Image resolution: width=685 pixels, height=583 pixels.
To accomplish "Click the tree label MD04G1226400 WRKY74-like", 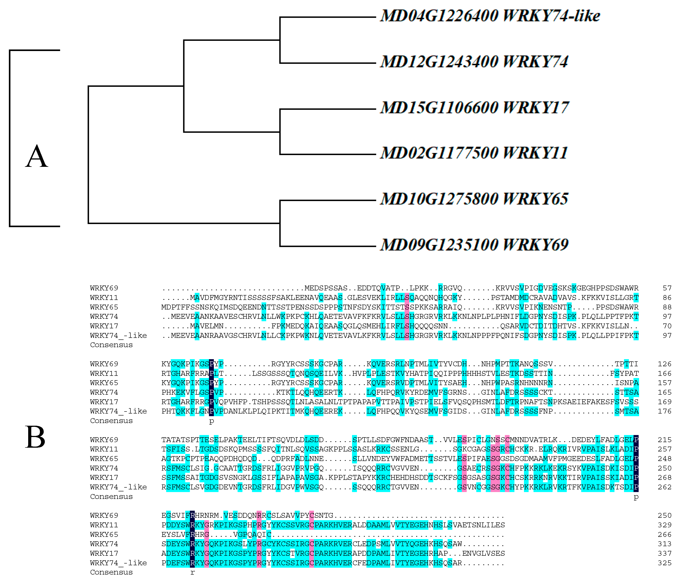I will pyautogui.click(x=490, y=16).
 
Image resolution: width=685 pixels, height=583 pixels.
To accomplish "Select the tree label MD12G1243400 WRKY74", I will pyautogui.click(x=474, y=62).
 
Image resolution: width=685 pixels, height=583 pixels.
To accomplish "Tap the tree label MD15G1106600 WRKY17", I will pyautogui.click(x=474, y=108).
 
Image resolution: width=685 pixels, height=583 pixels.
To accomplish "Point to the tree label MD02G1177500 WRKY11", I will pyautogui.click(x=474, y=153).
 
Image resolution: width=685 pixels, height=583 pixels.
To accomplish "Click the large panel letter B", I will pyautogui.click(x=35, y=437).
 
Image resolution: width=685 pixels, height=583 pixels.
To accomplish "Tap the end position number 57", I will pyautogui.click(x=667, y=288).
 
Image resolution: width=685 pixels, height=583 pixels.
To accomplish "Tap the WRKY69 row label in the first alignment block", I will pyautogui.click(x=104, y=288).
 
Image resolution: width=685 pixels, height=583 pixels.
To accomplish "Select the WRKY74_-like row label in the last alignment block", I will pyautogui.click(x=118, y=563).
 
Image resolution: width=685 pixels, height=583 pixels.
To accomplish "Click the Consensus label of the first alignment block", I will pyautogui.click(x=111, y=345).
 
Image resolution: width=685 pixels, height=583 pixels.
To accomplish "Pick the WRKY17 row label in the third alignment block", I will pyautogui.click(x=104, y=478).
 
